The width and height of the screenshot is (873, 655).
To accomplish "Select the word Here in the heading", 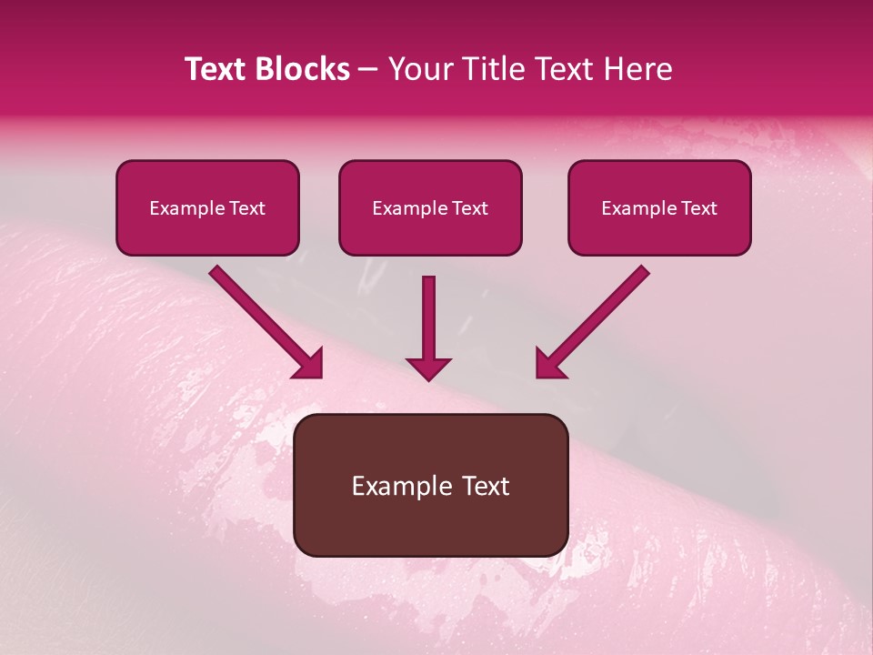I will pos(639,69).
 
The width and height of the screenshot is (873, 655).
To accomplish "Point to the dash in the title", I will pos(369,70).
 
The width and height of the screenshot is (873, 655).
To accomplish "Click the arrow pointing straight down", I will pos(428,323).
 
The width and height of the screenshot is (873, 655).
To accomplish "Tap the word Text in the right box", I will pos(698,208).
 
